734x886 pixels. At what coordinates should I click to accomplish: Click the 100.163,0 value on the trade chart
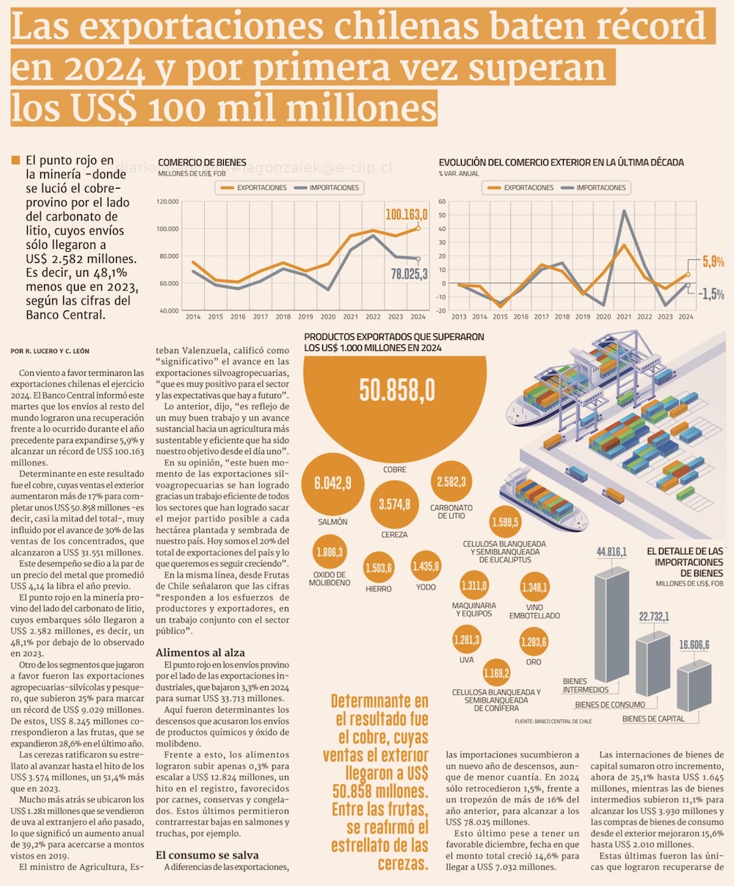[406, 214]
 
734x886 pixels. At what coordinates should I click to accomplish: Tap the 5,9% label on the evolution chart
[713, 261]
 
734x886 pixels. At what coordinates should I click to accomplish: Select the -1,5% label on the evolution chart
[711, 294]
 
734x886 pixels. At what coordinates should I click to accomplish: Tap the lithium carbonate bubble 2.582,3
[451, 482]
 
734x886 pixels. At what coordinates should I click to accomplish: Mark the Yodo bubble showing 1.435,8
[426, 566]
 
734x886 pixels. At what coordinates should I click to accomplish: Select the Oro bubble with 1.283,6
[534, 641]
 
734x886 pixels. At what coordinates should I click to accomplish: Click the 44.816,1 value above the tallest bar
[611, 552]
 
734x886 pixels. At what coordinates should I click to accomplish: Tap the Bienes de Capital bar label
[653, 719]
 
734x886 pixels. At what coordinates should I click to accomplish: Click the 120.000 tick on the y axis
[168, 201]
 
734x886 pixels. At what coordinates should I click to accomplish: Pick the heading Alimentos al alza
[200, 653]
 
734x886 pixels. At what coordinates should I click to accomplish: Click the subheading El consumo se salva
[206, 855]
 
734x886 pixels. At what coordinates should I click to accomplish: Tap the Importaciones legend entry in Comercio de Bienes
[328, 188]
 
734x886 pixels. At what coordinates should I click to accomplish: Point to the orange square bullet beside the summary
[16, 159]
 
